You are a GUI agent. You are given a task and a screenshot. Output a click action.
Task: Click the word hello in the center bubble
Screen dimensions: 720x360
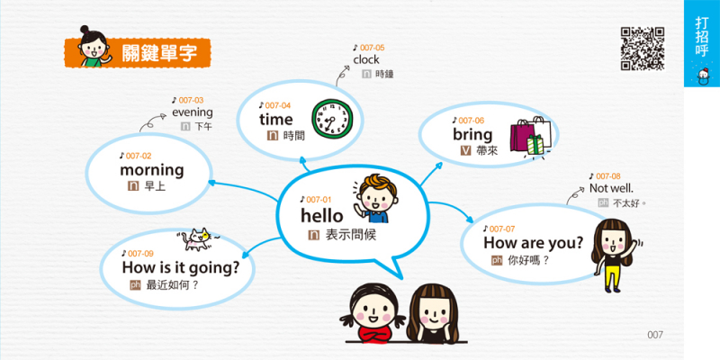tap(322, 215)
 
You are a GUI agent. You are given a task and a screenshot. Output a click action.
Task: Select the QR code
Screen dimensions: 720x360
tap(643, 49)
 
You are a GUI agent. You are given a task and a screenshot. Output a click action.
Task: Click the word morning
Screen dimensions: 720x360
tap(151, 170)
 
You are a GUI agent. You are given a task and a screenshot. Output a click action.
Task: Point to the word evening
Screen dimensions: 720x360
tap(193, 112)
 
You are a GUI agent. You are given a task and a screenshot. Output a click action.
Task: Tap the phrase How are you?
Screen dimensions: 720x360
tap(533, 243)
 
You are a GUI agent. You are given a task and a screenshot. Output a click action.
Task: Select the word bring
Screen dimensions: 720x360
tap(472, 135)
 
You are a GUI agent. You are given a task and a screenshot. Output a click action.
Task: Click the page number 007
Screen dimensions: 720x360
tap(655, 335)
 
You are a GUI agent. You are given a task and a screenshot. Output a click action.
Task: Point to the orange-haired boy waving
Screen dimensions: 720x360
tap(375, 198)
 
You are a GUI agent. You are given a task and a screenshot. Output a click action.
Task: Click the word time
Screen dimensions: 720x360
tap(276, 120)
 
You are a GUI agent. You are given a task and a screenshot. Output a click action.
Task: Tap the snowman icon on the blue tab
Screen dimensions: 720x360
tap(702, 76)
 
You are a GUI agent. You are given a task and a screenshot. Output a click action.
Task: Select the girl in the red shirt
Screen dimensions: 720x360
tap(373, 313)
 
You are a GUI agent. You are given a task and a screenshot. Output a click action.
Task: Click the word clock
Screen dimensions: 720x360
tap(366, 59)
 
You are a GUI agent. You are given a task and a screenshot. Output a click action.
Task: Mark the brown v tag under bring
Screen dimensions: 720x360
tap(465, 150)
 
